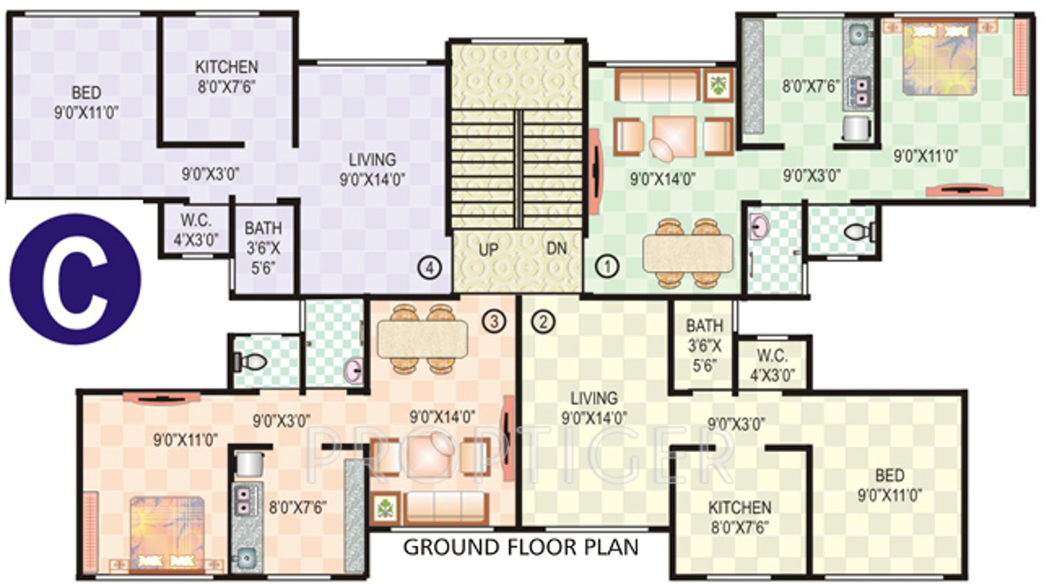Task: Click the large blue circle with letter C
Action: point(75,279)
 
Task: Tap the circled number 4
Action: point(426,268)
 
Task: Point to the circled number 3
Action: point(493,322)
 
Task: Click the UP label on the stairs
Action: point(489,248)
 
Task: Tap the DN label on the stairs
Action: point(557,248)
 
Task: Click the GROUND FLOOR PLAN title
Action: point(520,548)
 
